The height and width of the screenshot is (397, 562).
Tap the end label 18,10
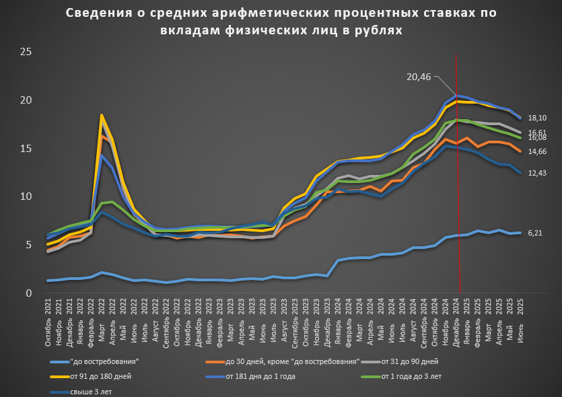click(x=536, y=118)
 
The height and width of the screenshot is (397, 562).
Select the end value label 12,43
click(x=536, y=174)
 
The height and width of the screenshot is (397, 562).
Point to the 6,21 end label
click(x=535, y=233)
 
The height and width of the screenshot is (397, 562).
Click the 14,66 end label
click(x=536, y=151)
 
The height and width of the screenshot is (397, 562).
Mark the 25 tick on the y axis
click(x=28, y=52)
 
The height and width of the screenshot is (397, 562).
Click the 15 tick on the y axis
click(x=28, y=148)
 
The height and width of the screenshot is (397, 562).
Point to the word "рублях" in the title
click(x=378, y=30)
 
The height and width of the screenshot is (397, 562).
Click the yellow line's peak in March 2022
click(x=102, y=115)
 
